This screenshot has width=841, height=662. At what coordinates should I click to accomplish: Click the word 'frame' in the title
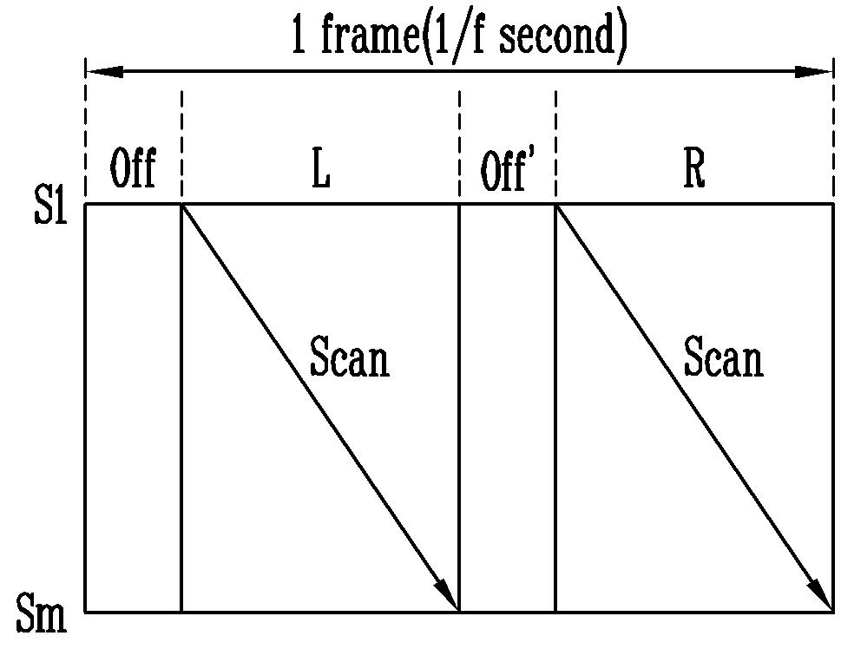[x=370, y=35]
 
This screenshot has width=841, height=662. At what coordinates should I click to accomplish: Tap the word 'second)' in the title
[x=563, y=36]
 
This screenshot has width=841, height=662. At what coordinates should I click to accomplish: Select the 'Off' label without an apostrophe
[x=133, y=168]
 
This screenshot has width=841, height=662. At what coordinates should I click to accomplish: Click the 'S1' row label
[x=50, y=206]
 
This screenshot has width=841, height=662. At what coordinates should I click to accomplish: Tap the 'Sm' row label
[x=42, y=614]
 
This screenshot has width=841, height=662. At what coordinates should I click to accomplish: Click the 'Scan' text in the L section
[x=350, y=357]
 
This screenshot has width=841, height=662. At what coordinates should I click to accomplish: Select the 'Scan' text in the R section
[x=724, y=357]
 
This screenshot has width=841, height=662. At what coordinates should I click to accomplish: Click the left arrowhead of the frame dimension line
[x=104, y=72]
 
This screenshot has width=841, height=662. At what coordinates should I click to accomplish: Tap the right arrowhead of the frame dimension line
[x=814, y=72]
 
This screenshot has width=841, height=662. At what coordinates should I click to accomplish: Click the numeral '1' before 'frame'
[x=299, y=36]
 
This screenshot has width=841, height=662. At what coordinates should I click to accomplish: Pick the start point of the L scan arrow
[x=181, y=204]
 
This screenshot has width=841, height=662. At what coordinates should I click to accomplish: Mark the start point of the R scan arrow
[x=555, y=204]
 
